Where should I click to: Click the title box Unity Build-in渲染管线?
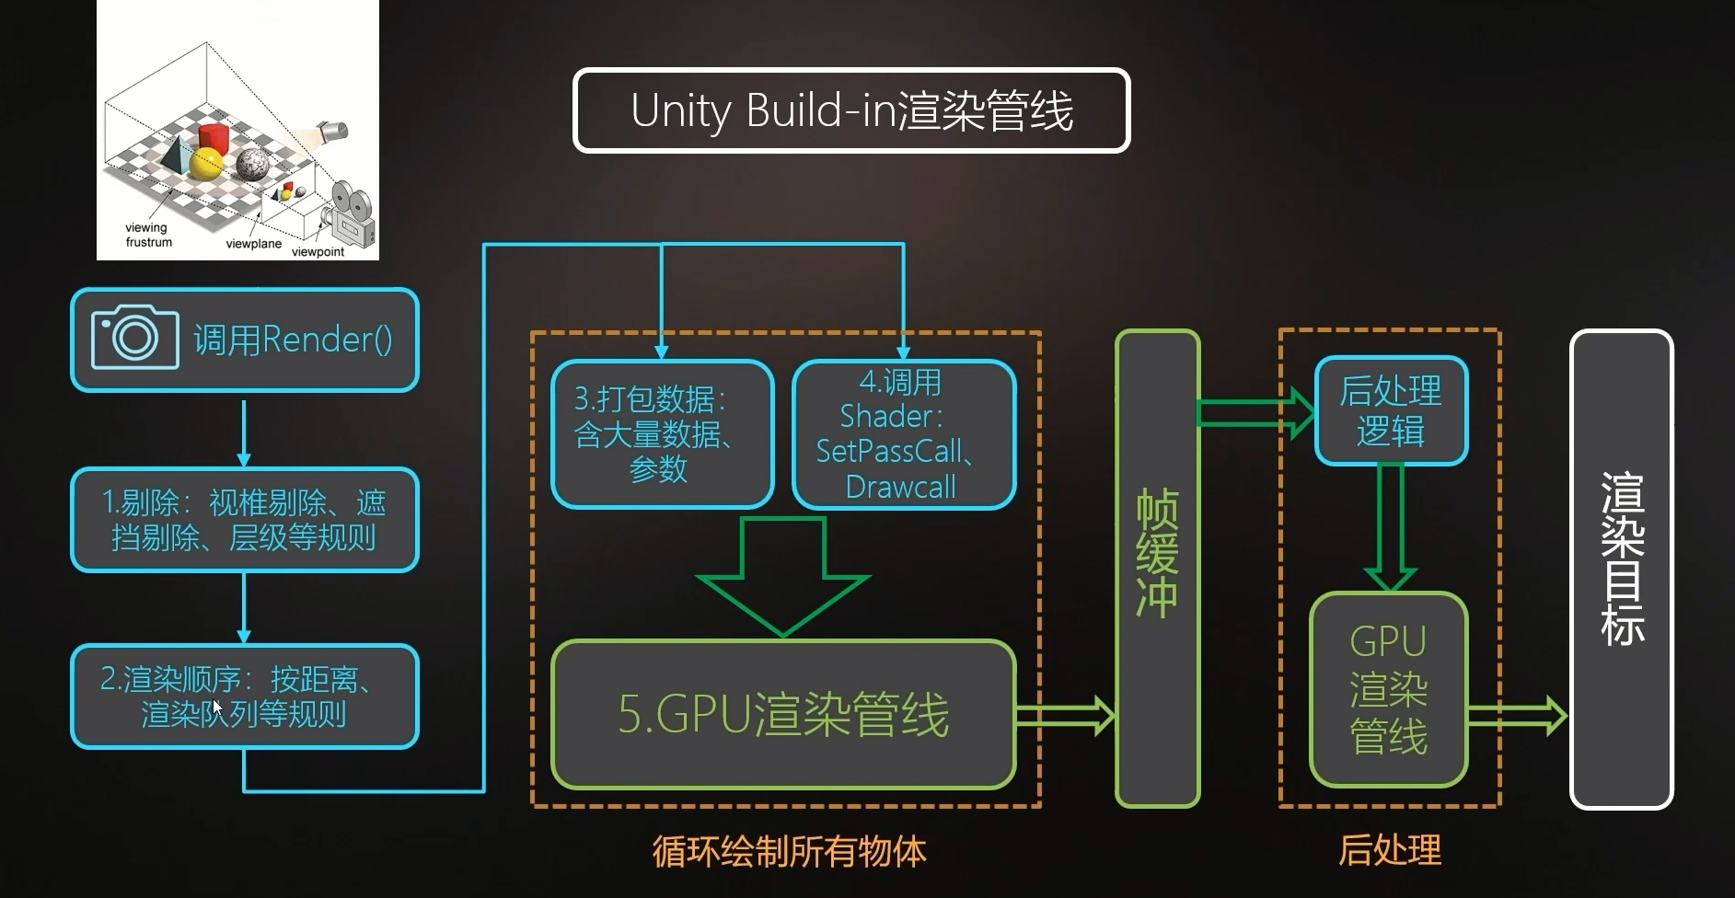pyautogui.click(x=850, y=110)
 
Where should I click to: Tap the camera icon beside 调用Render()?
pyautogui.click(x=135, y=338)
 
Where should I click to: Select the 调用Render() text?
pyautogui.click(x=293, y=340)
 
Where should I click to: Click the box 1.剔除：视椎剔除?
pyautogui.click(x=244, y=520)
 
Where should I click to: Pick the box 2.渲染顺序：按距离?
pyautogui.click(x=244, y=696)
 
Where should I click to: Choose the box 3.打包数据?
pyautogui.click(x=661, y=434)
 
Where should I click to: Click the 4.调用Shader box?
pyautogui.click(x=903, y=434)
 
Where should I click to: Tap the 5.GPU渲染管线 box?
pyautogui.click(x=782, y=714)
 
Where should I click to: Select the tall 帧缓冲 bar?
pyautogui.click(x=1157, y=568)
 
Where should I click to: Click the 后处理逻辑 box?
pyautogui.click(x=1390, y=410)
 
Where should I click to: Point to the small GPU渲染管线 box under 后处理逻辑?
pyautogui.click(x=1388, y=689)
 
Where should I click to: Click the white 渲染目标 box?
pyautogui.click(x=1620, y=568)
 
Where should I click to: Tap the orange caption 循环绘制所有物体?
pyautogui.click(x=789, y=851)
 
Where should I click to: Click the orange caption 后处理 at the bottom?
pyautogui.click(x=1389, y=850)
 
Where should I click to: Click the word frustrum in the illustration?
pyautogui.click(x=149, y=243)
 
